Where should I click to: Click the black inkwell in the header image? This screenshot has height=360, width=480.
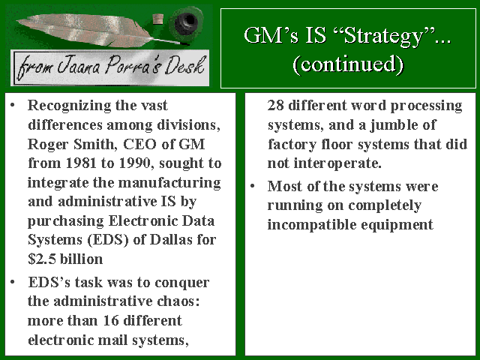[x=185, y=22]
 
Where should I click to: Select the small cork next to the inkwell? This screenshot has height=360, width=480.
[x=158, y=19]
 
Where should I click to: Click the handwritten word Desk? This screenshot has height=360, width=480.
[x=184, y=66]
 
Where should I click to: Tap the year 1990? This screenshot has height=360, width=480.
[x=134, y=163]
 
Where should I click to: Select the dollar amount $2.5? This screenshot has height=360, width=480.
[x=42, y=259]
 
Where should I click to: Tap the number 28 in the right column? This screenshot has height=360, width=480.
[x=275, y=105]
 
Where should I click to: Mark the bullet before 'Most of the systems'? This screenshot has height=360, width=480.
[x=253, y=186]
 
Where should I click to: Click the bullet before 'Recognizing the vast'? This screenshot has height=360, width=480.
[x=13, y=105]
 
